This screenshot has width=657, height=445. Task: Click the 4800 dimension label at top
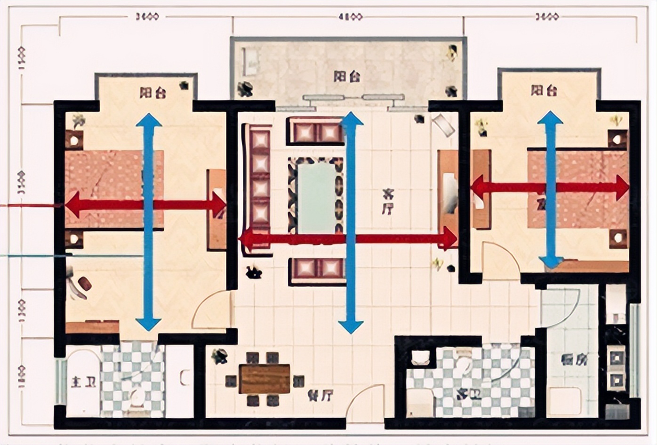pos(350,17)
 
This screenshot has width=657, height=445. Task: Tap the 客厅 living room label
pos(387,201)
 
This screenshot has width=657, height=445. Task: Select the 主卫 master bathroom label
pos(83,381)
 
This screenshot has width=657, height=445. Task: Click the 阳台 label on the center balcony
pos(347,76)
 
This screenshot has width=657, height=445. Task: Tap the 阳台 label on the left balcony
pos(152,92)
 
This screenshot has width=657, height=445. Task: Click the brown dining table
pos(264,379)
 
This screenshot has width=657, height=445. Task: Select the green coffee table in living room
pos(316,197)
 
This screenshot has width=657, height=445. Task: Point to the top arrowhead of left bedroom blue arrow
pos(149,120)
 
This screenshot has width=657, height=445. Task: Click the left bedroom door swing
pos(212,310)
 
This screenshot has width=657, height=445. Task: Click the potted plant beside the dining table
pos(219,356)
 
